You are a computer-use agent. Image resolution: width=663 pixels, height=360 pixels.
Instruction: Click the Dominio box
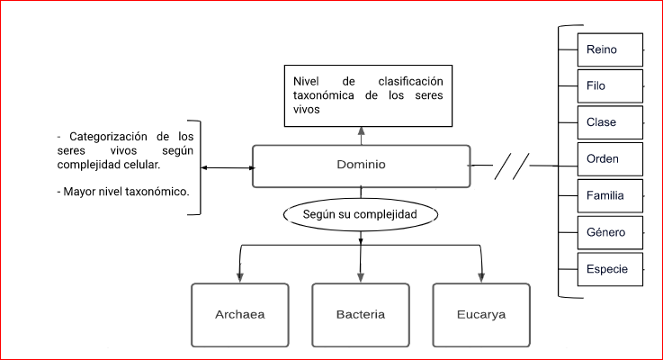[361, 166]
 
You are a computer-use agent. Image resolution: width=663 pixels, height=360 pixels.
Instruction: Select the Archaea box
[239, 315]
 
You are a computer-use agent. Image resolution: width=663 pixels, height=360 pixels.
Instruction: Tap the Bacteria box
[360, 315]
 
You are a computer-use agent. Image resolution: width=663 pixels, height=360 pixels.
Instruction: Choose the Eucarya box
[480, 315]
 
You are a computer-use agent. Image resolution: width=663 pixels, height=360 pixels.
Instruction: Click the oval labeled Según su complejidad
[361, 216]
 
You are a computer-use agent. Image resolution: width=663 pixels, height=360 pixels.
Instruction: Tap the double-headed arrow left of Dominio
[226, 167]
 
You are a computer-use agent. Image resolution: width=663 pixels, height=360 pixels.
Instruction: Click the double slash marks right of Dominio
[512, 166]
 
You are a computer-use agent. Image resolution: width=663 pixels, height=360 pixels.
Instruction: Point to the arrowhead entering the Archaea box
[238, 277]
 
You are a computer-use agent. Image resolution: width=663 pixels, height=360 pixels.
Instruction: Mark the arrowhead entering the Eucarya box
[481, 277]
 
